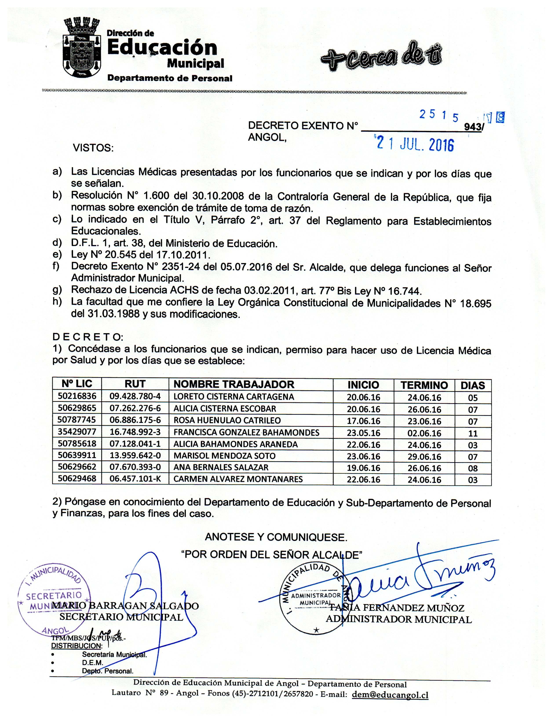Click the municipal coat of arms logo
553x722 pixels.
point(81,48)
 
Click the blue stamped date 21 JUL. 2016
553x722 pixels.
point(415,144)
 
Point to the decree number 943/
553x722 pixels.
point(474,127)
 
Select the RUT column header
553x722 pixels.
point(135,384)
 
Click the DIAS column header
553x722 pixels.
point(473,385)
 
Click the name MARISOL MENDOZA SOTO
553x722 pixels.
point(224,456)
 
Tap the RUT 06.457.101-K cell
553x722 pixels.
point(135,479)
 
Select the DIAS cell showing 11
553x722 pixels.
point(473,433)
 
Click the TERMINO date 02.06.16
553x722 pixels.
point(424,433)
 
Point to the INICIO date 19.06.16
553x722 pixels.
point(363,468)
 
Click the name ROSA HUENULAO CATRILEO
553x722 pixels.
point(227,420)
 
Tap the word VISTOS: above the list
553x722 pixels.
point(93,148)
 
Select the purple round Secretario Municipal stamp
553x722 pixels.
point(54,603)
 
